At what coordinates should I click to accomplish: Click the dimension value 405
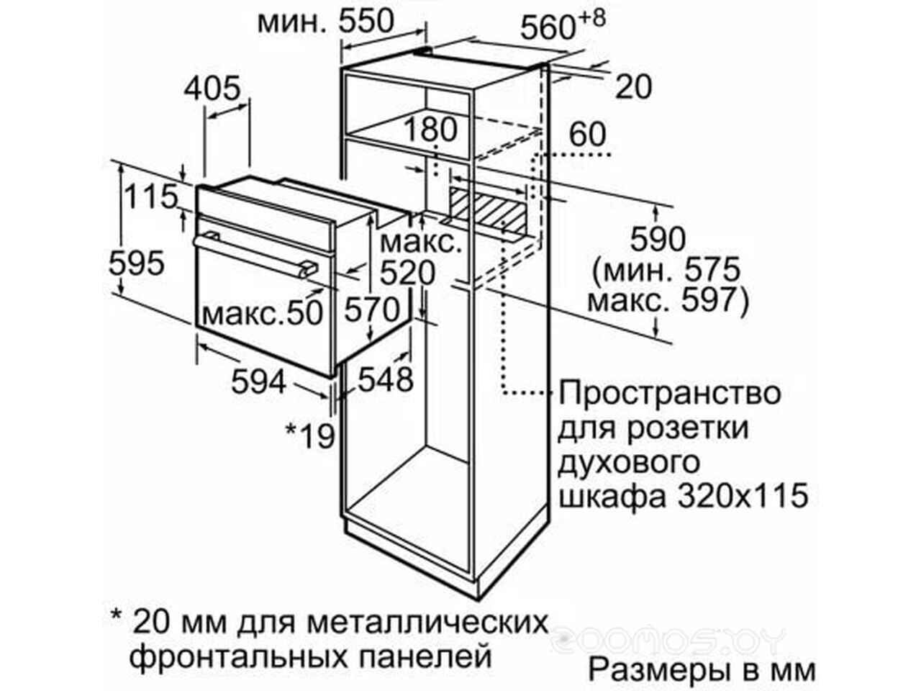[x=212, y=89]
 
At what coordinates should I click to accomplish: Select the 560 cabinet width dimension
[x=562, y=24]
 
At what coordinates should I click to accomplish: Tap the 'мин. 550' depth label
[x=326, y=21]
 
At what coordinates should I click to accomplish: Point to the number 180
[x=430, y=129]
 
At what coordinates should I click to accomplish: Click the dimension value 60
[x=587, y=134]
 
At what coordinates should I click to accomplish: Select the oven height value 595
[x=137, y=263]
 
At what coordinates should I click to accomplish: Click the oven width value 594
[x=259, y=381]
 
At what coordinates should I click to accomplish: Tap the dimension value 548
[x=386, y=379]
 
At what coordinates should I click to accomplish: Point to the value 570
[x=372, y=310]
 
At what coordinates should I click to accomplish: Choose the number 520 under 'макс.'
[x=407, y=273]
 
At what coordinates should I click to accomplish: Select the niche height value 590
[x=658, y=238]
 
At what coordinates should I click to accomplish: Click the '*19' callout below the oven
[x=310, y=435]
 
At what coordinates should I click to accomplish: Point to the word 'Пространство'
[x=670, y=394]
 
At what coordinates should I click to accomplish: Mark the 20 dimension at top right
[x=634, y=87]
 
